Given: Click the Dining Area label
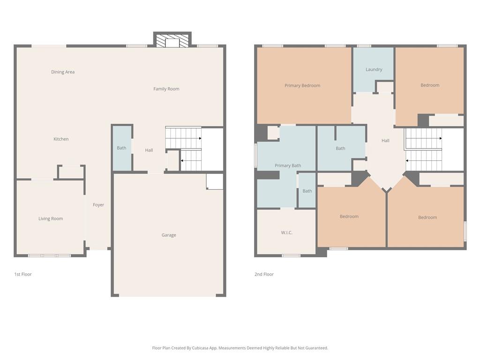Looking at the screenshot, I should point(63,72).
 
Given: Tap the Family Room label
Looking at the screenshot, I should point(166,89).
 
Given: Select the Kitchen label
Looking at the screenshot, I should point(61,139).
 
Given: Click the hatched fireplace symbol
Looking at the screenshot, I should point(172,41).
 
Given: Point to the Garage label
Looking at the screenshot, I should point(169,235).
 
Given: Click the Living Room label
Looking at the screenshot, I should point(51,219).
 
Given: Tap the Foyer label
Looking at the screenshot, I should point(98,205).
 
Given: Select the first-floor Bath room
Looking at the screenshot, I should point(122,148).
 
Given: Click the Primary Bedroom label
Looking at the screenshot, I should point(302,86).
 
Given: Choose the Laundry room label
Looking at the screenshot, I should point(374,69).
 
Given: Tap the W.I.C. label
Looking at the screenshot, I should point(287,232).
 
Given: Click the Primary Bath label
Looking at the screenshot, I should point(288,165).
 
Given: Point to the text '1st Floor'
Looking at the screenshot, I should point(23,274).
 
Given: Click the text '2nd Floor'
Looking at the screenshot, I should point(264,274).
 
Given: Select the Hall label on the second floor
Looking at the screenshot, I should point(385,141).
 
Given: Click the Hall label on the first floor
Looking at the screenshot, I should point(149,150).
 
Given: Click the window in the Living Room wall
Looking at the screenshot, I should point(49,255).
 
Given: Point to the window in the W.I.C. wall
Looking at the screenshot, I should point(291,255).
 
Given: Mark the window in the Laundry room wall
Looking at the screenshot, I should point(364,46).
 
